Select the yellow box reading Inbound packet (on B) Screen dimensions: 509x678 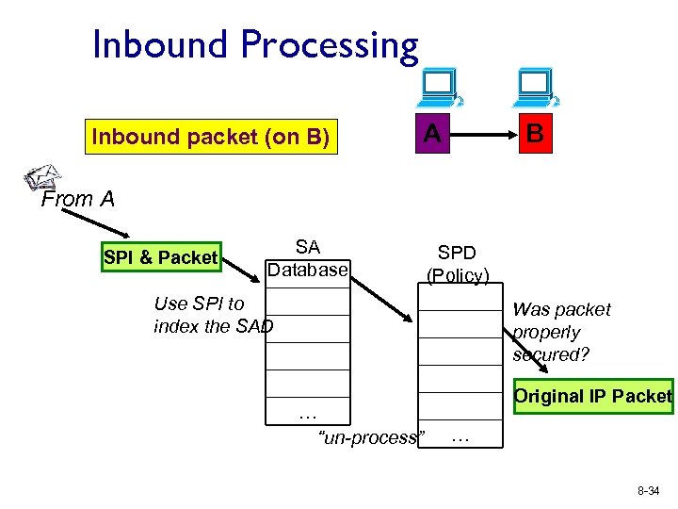[x=210, y=137]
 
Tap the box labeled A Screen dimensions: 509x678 [x=431, y=134]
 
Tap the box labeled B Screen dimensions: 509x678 [x=535, y=134]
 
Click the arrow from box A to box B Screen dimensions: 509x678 [x=483, y=134]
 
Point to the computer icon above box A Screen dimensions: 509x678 [x=439, y=89]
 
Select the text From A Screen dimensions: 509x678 [x=79, y=199]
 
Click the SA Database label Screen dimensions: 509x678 [x=308, y=259]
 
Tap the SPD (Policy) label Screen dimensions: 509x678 [x=457, y=264]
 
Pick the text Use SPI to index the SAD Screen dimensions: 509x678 [x=213, y=315]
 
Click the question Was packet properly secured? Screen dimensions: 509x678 [x=561, y=332]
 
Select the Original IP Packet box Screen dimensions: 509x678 [x=592, y=396]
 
